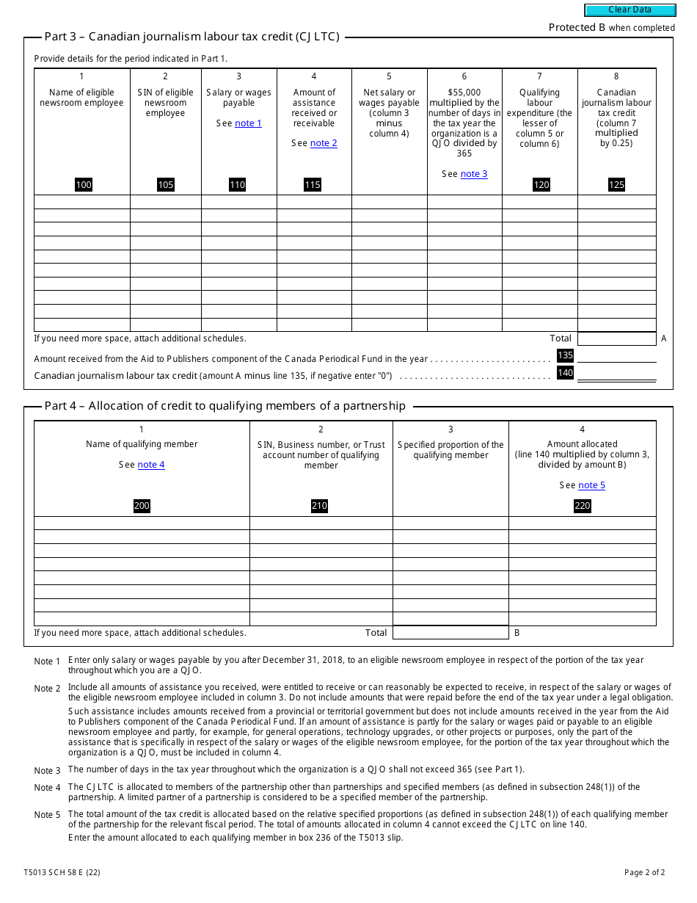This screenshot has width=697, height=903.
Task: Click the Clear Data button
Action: pos(630,10)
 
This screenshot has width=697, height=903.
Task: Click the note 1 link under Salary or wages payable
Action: pos(248,123)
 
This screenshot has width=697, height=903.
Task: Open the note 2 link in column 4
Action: pos(324,143)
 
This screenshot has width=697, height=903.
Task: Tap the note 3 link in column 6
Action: pos(474,174)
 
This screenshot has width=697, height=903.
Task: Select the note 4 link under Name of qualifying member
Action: pos(151,465)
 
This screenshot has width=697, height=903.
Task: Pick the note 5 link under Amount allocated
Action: pos(591,485)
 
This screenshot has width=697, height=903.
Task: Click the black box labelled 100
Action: pos(84,184)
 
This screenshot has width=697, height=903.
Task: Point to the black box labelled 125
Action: pos(616,184)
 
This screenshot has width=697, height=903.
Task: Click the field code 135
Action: pos(565,355)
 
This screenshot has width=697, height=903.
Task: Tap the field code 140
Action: pos(565,373)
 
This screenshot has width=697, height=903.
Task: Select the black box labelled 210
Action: pos(319,506)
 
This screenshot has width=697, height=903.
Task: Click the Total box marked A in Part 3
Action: pos(616,338)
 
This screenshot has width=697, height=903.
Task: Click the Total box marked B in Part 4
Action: pos(450,633)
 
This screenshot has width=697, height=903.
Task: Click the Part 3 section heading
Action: pos(191,37)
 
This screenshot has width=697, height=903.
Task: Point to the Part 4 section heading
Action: pos(225,406)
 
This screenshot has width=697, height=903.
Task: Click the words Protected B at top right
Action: pos(577,27)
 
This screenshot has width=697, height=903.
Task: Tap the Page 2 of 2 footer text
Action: pos(644,873)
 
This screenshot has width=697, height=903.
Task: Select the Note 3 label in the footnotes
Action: pos(48,770)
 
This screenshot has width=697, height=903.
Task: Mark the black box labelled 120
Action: pos(541,184)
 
